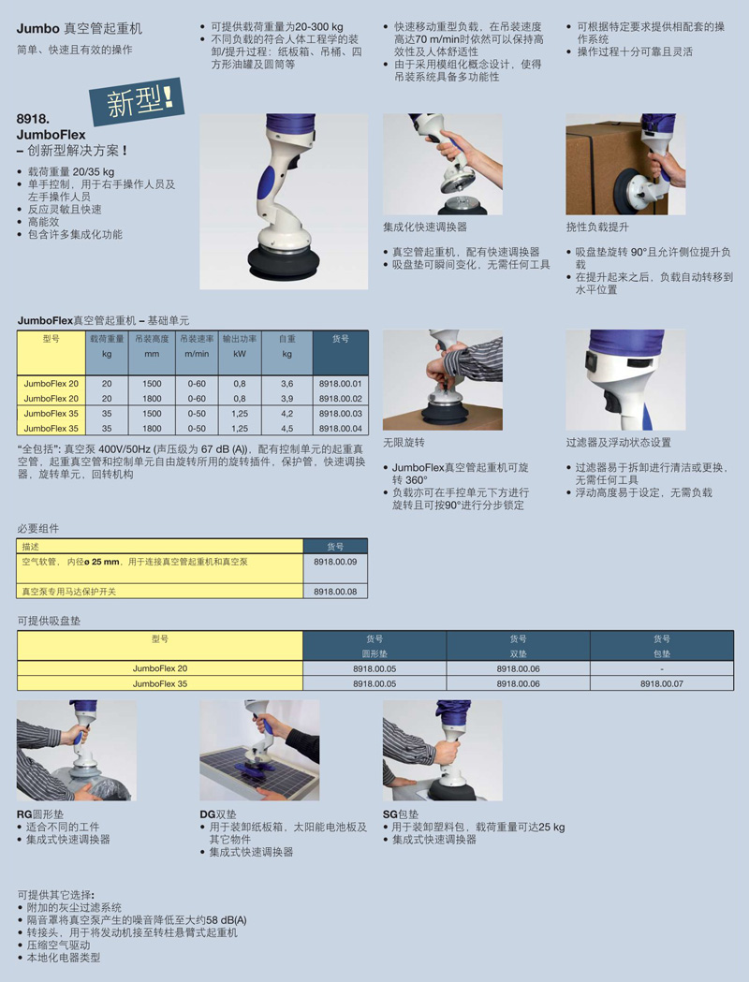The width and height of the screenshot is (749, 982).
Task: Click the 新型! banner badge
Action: coord(137,100)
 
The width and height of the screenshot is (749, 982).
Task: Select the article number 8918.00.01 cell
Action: coord(340,383)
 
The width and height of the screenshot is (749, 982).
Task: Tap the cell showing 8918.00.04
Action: coord(340,429)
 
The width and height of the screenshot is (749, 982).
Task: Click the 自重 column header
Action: coord(286,339)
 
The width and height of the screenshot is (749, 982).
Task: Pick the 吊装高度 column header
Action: coord(152,339)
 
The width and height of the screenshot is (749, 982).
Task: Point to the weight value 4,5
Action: coord(286,429)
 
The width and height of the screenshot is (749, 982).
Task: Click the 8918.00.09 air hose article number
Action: coord(335,562)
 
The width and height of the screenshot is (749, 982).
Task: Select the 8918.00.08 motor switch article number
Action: coord(335,592)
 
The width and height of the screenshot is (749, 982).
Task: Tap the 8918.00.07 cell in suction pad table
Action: coord(661,684)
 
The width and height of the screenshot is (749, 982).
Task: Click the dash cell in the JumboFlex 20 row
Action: coord(661,668)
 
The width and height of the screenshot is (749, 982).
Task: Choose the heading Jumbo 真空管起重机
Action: coord(80,29)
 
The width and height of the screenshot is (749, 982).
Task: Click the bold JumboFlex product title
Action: coord(51,135)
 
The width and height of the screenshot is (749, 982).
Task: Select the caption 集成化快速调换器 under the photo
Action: coord(425,227)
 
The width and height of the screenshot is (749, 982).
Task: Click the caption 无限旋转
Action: coord(404,442)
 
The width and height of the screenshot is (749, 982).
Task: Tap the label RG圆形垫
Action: coord(40,814)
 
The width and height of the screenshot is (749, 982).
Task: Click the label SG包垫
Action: coord(401,814)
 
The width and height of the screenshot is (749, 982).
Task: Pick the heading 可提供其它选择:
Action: coord(56,894)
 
